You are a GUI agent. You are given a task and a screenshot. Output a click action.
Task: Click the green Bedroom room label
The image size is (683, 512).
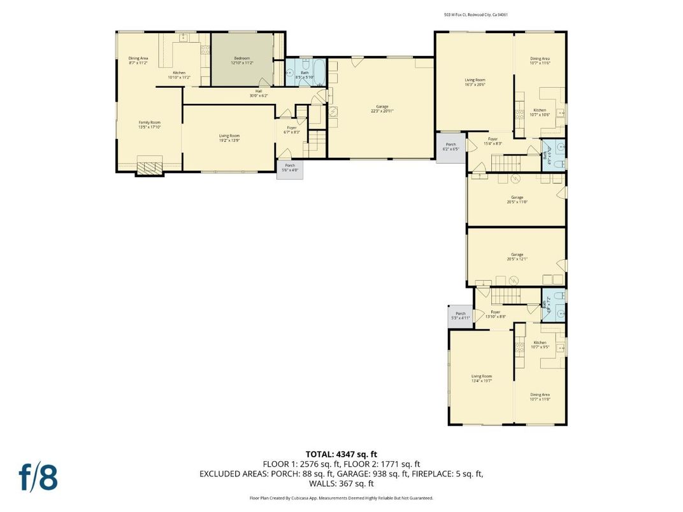click(x=241, y=60)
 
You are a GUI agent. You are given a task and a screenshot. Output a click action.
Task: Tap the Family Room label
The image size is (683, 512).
click(x=150, y=124)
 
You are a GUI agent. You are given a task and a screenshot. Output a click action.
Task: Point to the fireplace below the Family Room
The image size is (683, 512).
click(x=150, y=167)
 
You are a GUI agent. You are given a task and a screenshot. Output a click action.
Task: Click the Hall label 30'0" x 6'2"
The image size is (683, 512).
click(x=259, y=93)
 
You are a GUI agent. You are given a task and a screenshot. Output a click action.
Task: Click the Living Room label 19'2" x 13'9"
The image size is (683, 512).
click(x=229, y=137)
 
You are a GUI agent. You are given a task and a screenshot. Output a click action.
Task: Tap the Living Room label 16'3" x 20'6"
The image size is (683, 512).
click(x=475, y=82)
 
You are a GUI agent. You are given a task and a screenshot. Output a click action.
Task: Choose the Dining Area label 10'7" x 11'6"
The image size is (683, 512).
click(x=540, y=60)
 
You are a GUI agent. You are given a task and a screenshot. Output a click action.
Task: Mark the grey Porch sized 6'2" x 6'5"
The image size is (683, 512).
click(x=450, y=147)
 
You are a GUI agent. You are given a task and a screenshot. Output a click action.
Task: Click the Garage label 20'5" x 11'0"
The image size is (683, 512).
click(x=517, y=199)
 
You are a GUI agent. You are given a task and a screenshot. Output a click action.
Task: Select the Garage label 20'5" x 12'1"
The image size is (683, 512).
click(x=517, y=256)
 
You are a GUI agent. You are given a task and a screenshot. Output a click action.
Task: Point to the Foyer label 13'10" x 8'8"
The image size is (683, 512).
click(x=495, y=314)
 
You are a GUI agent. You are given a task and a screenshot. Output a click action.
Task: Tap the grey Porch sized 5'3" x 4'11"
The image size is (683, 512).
click(x=460, y=315)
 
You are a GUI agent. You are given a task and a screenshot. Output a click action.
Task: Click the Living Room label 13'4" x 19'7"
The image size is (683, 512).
click(x=481, y=378)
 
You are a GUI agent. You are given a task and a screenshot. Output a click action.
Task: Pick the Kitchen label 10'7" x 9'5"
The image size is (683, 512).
click(x=540, y=345)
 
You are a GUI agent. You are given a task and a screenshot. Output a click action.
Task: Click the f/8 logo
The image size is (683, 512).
click(x=38, y=477)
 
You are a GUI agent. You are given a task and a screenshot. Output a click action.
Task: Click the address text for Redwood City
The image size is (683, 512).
click(x=476, y=15)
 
